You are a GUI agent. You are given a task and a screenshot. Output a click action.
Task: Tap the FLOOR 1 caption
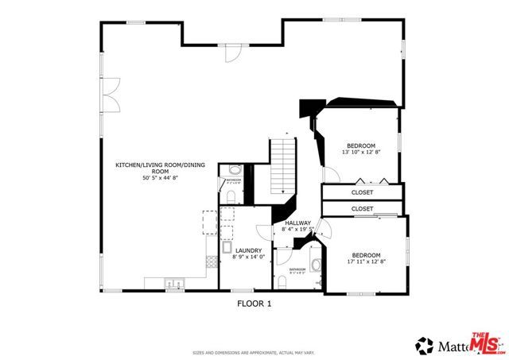[254, 303]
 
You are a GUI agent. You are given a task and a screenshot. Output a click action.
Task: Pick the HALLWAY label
[298, 223]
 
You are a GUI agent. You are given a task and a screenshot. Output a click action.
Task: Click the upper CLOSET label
[362, 193]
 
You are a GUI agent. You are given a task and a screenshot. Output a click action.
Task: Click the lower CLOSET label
[362, 208]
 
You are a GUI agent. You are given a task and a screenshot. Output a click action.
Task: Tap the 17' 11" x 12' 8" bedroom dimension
[367, 261]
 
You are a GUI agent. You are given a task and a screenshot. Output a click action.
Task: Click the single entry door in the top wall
[231, 53]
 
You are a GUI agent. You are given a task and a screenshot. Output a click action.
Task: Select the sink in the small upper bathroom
[235, 171]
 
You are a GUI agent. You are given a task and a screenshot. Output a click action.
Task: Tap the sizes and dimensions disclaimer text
[254, 352]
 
